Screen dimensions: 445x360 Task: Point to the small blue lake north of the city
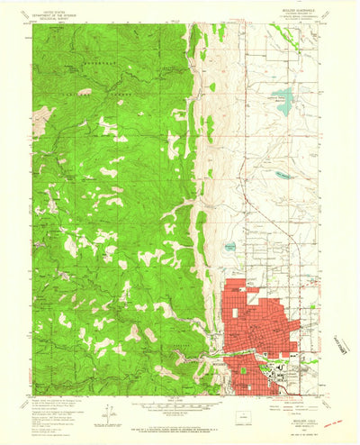(231, 245)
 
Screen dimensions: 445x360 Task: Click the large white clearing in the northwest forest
(42, 116)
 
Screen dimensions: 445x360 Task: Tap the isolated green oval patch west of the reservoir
(212, 86)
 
